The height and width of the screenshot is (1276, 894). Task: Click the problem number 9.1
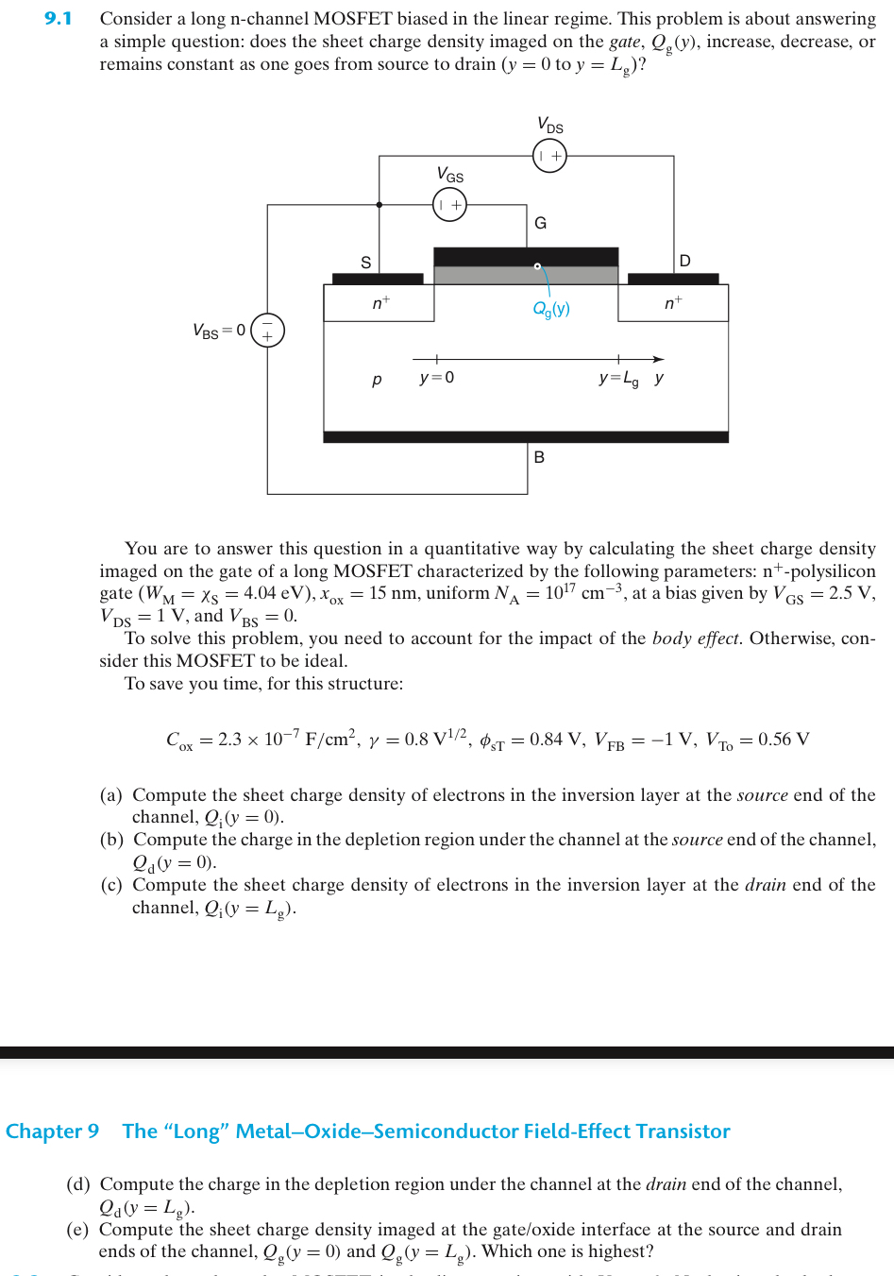(58, 19)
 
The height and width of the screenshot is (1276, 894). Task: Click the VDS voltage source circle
(549, 156)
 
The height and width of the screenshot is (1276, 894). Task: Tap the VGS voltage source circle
(449, 204)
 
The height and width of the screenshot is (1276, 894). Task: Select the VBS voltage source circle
(267, 330)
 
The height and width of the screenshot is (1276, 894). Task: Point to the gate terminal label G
(540, 223)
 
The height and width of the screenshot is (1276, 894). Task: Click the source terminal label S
(366, 263)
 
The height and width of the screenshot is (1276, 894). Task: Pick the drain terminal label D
(684, 261)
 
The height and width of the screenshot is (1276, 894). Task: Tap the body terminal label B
(539, 457)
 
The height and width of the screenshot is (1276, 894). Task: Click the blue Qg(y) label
(551, 309)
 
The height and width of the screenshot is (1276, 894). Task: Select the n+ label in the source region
(380, 302)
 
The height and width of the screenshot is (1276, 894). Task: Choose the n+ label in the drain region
(673, 302)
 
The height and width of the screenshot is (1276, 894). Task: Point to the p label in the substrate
(377, 379)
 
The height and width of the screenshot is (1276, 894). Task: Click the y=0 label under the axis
(436, 378)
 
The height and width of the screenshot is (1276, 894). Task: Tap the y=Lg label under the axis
(618, 379)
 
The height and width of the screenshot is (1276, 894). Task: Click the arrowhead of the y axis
(659, 359)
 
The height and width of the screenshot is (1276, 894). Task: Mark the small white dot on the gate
(537, 266)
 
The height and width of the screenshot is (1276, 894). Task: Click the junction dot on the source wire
(380, 204)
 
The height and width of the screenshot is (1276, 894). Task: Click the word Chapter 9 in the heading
(52, 1131)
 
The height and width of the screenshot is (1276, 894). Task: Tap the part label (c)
(111, 885)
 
